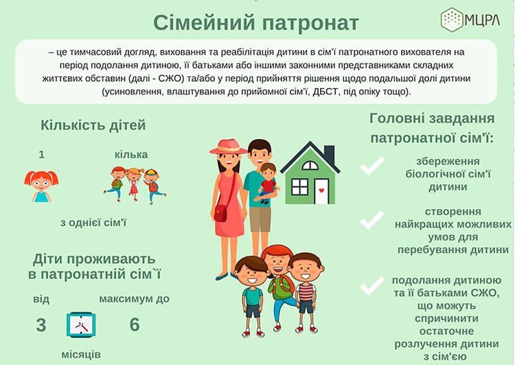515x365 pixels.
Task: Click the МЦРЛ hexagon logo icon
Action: (x=453, y=20)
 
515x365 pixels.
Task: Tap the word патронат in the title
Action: (x=310, y=23)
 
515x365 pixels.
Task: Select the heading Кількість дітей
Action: (x=93, y=125)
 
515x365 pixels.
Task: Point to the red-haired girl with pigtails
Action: (x=41, y=186)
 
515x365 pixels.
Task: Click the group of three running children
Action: (x=135, y=185)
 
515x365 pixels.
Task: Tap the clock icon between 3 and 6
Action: (x=81, y=325)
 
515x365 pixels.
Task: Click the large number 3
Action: (x=41, y=325)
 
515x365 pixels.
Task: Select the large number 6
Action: (x=135, y=324)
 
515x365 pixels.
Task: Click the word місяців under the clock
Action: (x=81, y=355)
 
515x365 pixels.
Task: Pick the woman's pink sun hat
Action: (x=228, y=146)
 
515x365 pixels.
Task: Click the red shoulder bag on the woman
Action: (x=220, y=212)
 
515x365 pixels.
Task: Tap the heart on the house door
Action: (x=321, y=190)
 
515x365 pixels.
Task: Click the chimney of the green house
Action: (x=329, y=154)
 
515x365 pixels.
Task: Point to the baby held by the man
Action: (x=267, y=183)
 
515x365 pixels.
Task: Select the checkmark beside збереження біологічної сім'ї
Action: (x=371, y=166)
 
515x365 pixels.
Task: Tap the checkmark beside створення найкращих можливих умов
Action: (x=371, y=220)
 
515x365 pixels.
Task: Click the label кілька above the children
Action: (x=131, y=155)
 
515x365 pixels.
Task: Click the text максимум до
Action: (x=135, y=299)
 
